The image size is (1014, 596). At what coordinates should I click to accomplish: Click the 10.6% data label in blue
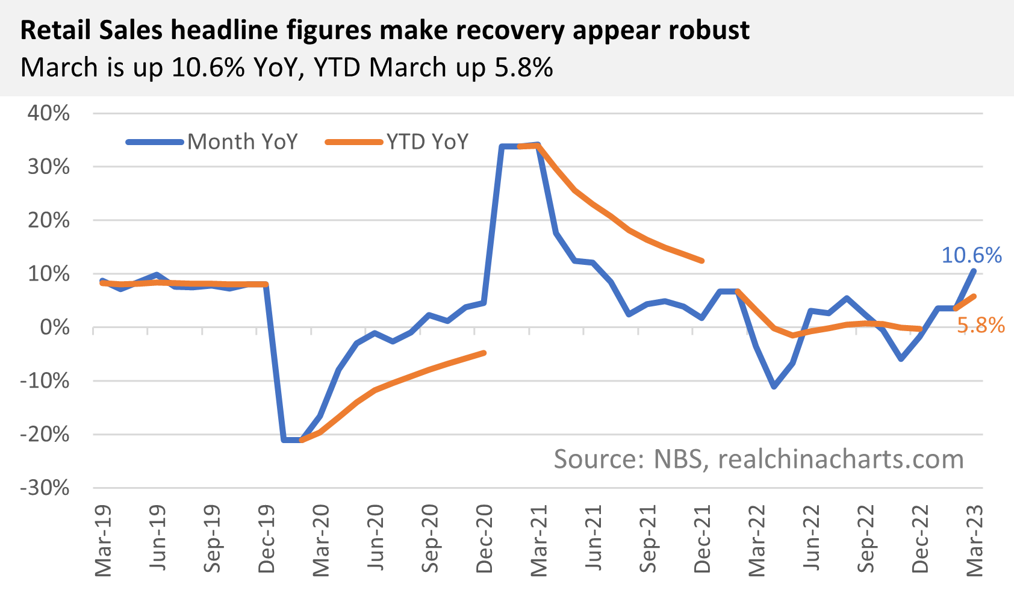pos(971,255)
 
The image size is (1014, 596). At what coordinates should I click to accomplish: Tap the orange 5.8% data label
pos(980,326)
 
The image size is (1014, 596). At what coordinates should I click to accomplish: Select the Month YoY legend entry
pos(242,142)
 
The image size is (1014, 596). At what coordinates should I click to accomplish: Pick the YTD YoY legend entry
pos(427,142)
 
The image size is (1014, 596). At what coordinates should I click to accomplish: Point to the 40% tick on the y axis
pos(48,113)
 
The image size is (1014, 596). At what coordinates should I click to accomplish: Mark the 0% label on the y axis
pos(55,327)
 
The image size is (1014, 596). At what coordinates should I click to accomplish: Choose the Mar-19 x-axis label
pos(104,541)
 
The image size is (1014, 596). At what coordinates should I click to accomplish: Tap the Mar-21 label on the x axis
pos(539,541)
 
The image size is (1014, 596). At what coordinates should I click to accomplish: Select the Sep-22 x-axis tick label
pos(865,540)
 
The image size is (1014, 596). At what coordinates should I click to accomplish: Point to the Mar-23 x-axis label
pos(975,541)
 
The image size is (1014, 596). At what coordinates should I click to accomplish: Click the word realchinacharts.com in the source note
pos(841,459)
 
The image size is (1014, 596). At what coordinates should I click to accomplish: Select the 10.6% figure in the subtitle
pos(208,67)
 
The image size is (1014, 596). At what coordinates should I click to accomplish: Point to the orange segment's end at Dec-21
pos(701,261)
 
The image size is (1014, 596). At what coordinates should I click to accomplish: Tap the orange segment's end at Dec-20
pos(484,353)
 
